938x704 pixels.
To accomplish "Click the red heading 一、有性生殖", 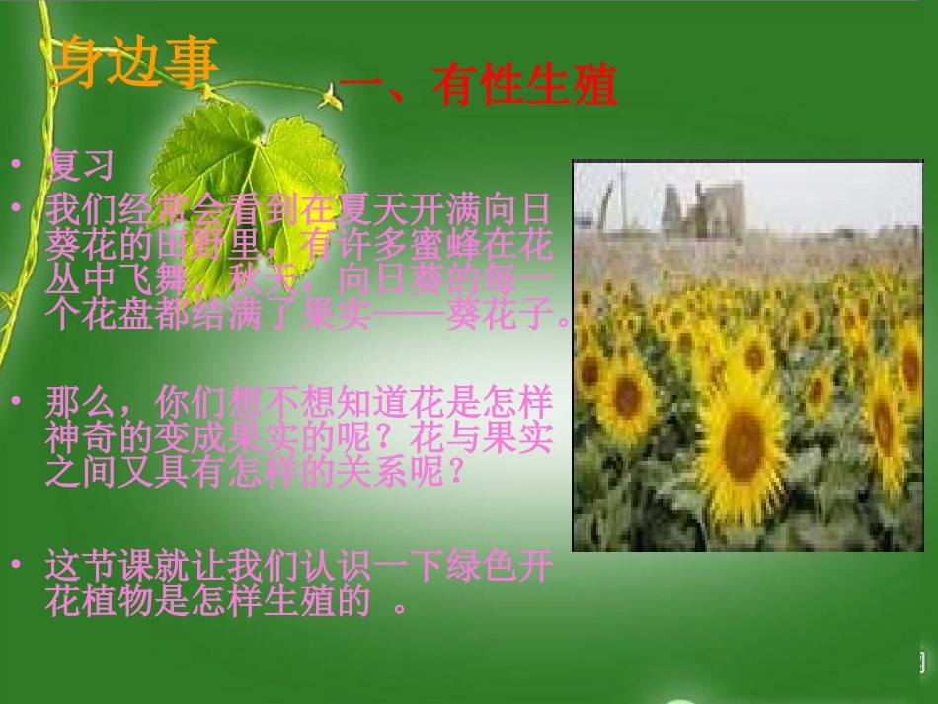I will coord(478,85).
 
